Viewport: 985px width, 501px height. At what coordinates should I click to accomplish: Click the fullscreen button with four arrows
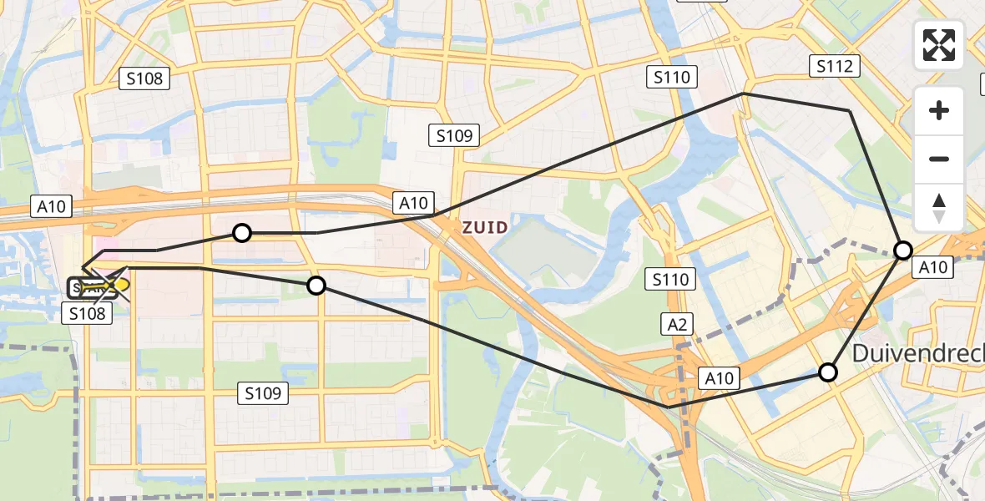point(939,45)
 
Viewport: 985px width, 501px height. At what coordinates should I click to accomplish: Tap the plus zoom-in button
point(939,110)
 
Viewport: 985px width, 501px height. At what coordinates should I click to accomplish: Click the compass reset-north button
point(939,207)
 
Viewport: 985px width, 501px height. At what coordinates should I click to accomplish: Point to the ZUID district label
point(486,226)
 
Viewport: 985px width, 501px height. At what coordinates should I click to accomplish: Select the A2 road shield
point(677,324)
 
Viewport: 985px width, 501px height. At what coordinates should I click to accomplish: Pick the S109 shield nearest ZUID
point(454,135)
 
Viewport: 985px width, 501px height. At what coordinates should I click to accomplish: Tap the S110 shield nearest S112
point(673,78)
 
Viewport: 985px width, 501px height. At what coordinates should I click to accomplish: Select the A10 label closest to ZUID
point(413,202)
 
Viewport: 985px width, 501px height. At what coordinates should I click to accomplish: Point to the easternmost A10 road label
point(932,267)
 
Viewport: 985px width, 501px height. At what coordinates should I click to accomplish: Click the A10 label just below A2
point(719,378)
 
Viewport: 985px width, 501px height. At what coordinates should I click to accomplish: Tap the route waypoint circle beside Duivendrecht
point(827,372)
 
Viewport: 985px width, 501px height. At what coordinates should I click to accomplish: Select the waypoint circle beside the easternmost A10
point(903,250)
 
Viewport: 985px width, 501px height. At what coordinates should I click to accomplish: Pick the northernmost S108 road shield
point(145,79)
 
